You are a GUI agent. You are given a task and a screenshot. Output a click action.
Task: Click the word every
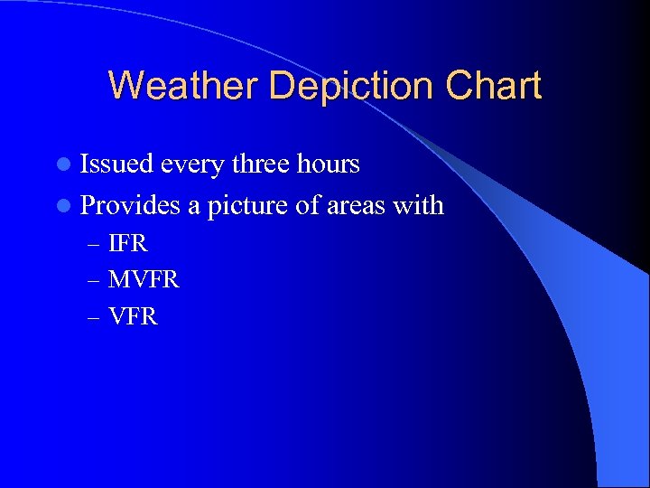193,164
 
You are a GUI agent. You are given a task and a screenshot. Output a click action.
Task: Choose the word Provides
131,205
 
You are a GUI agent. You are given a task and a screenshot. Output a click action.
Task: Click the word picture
248,205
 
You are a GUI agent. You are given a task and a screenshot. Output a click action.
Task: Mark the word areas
354,205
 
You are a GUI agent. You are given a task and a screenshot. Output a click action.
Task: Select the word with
417,205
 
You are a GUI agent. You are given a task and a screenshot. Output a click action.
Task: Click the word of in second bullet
305,205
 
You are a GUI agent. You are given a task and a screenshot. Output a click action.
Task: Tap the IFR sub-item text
127,243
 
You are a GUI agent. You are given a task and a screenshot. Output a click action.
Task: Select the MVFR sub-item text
144,280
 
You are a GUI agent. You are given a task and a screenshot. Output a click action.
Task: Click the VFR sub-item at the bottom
133,316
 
